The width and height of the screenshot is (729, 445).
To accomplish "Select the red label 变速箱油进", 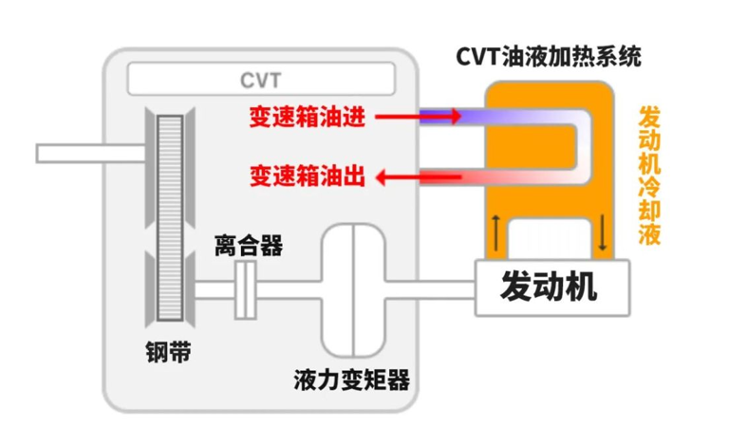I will [308, 117].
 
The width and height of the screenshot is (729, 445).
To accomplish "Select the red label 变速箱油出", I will [308, 176].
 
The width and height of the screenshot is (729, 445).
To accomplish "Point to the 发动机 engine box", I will [551, 287].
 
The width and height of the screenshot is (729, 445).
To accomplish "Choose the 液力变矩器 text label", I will [352, 380].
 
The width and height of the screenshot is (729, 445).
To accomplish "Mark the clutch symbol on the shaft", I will [246, 288].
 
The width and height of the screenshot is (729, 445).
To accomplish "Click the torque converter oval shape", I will [352, 288].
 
